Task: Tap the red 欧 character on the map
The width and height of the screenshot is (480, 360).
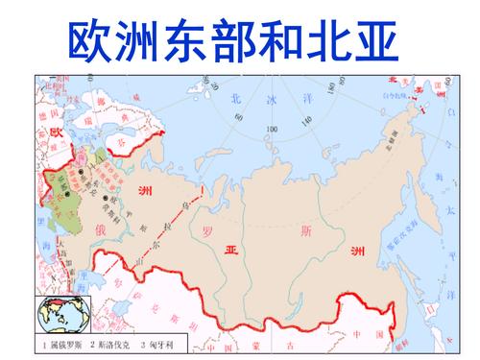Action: (57, 131)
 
